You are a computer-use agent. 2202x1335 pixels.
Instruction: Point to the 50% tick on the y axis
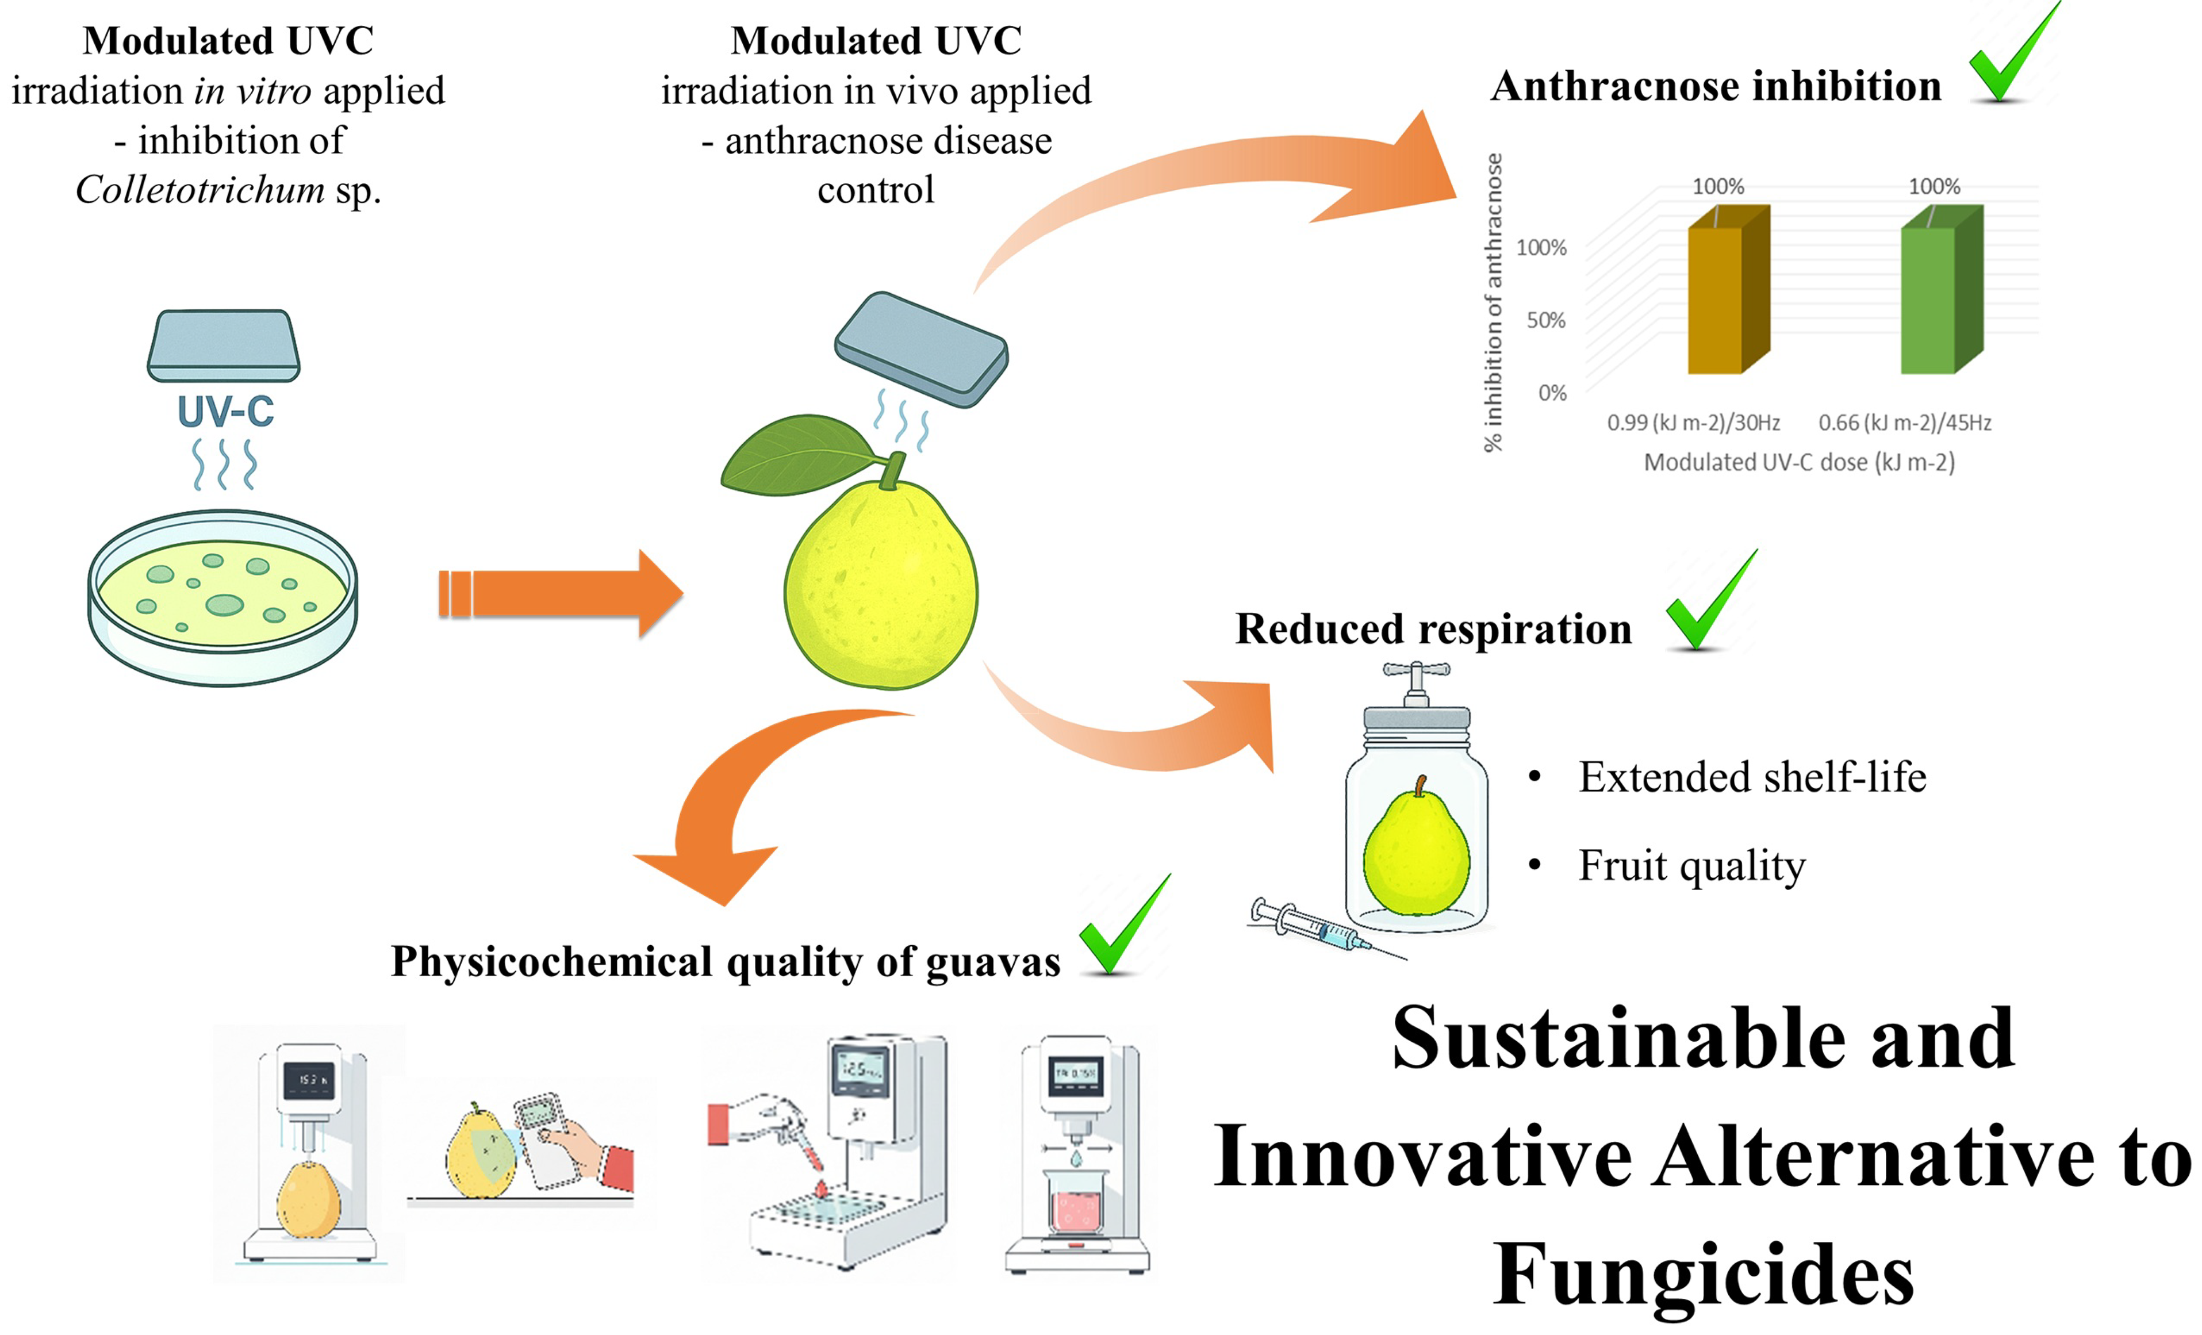click(x=1546, y=320)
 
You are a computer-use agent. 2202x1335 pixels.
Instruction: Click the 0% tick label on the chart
click(x=1552, y=393)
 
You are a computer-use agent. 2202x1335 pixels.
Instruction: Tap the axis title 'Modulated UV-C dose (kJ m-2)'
click(x=1799, y=463)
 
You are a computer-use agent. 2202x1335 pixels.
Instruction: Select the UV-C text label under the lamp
click(x=225, y=412)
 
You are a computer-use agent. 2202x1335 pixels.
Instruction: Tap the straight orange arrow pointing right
click(x=561, y=593)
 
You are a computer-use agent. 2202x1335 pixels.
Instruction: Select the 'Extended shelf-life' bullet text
click(x=1752, y=777)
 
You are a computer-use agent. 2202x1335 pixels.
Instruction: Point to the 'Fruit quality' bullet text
click(x=1691, y=865)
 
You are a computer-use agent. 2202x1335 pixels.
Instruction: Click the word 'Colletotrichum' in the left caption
click(x=200, y=189)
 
